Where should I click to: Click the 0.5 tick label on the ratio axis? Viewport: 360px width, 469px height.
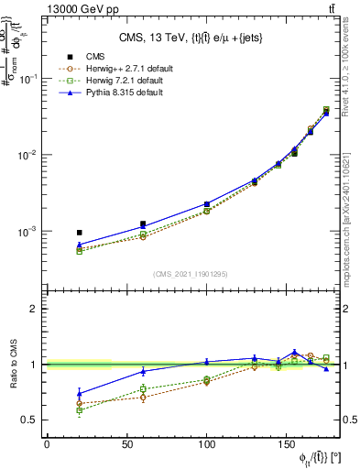tap(32, 420)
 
